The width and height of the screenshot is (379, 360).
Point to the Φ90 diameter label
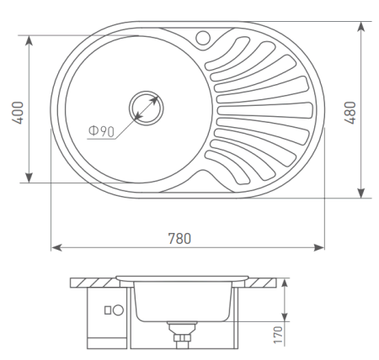100,130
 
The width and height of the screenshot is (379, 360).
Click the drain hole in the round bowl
146,108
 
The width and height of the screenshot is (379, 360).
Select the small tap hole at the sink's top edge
202,37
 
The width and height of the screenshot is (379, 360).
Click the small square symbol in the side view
107,310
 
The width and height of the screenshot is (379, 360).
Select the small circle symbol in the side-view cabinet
118,310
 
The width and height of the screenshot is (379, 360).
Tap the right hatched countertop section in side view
263,280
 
